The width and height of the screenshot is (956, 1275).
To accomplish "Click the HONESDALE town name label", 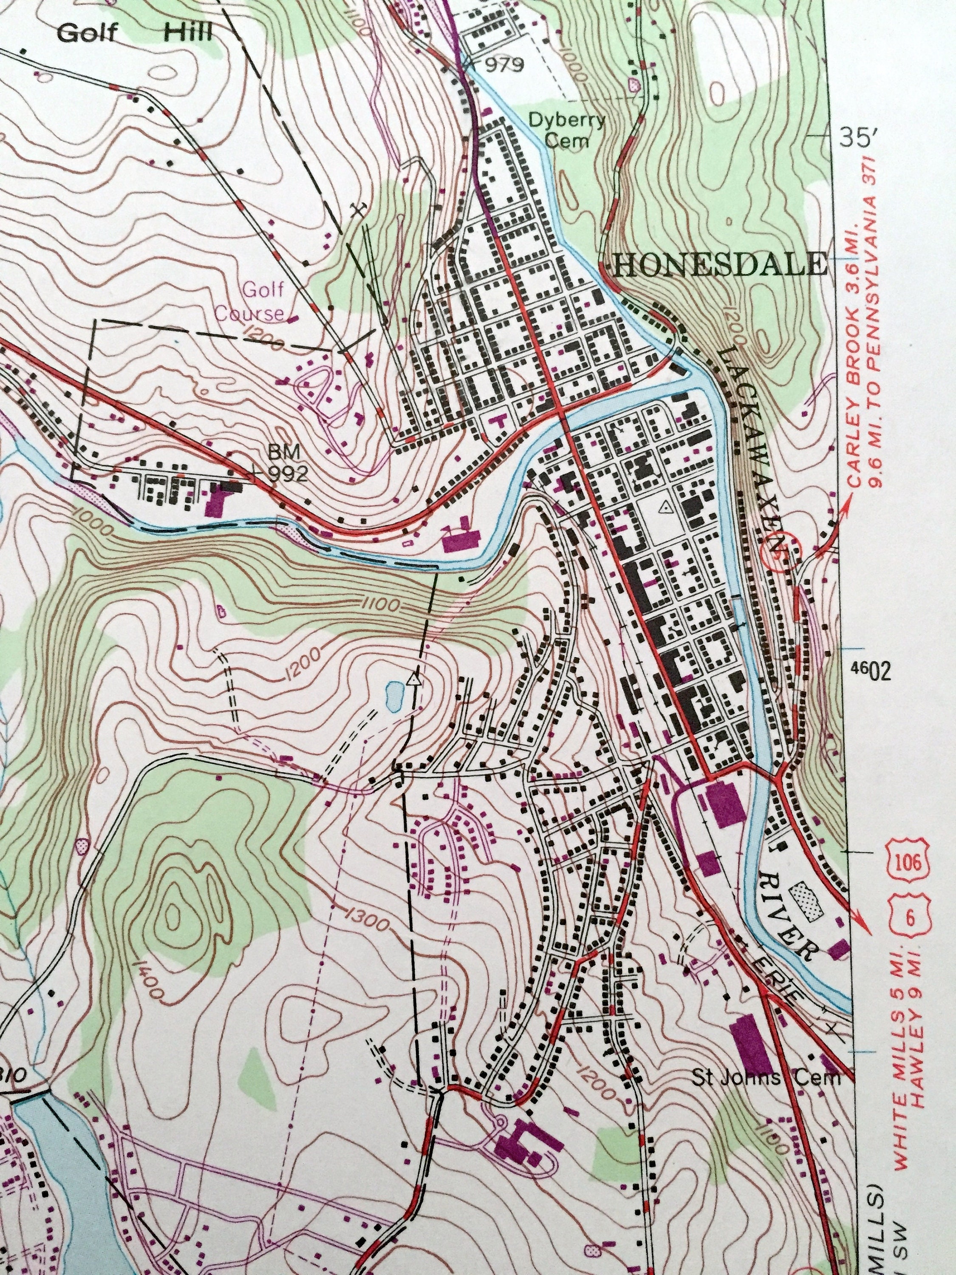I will pyautogui.click(x=720, y=265).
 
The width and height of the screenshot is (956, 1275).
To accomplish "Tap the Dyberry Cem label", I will pyautogui.click(x=566, y=130).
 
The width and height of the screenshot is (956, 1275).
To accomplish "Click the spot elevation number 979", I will pyautogui.click(x=503, y=65).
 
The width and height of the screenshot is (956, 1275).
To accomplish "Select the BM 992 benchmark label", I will pyautogui.click(x=286, y=465).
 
